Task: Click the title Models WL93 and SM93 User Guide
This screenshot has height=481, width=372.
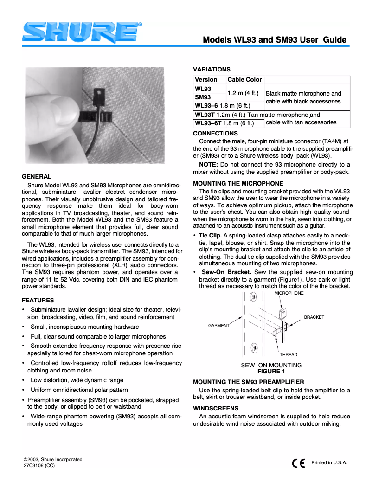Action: (x=275, y=40)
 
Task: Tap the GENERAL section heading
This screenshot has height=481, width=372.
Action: (x=36, y=176)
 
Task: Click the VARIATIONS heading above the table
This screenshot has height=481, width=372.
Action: (x=212, y=69)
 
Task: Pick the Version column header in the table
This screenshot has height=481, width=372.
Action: (x=206, y=80)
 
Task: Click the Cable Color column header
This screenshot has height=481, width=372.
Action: (x=245, y=80)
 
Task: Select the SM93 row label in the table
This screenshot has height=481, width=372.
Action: (x=203, y=97)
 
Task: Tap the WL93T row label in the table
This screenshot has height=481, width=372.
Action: (x=205, y=115)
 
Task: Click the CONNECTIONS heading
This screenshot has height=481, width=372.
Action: (x=215, y=134)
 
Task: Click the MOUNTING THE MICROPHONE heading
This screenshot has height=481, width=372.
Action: (x=238, y=183)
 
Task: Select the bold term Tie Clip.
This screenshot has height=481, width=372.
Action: (x=210, y=236)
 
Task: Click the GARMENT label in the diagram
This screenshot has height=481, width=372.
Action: (x=218, y=326)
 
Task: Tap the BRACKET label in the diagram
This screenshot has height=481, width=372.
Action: (x=314, y=317)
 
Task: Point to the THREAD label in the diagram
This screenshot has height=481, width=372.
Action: (x=288, y=355)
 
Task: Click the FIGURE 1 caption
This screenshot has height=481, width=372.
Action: (x=271, y=371)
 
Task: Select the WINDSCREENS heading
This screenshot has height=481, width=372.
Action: (x=216, y=408)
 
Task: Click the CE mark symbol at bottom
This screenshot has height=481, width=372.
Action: (x=298, y=463)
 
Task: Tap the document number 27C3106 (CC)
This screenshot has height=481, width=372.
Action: (x=39, y=466)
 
